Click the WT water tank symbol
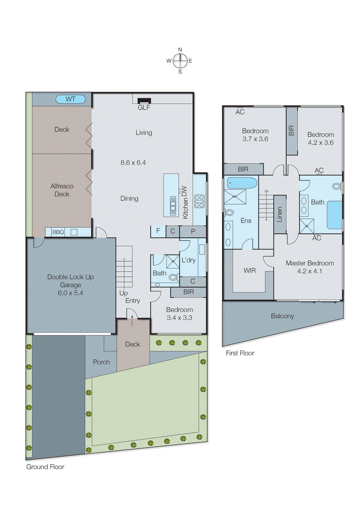tap(71, 99)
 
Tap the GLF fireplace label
tap(144, 108)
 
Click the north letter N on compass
tap(180, 50)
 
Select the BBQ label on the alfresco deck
tap(58, 232)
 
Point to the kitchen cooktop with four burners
tap(200, 201)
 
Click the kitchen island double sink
tap(173, 206)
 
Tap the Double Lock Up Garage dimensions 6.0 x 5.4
tap(70, 293)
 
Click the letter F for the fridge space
tap(158, 231)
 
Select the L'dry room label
tap(188, 260)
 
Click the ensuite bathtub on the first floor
tap(242, 183)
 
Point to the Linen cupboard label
tap(280, 214)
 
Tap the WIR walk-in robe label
tap(249, 271)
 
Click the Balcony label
tap(282, 316)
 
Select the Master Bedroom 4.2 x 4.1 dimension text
tap(309, 271)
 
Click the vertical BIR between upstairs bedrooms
tap(291, 130)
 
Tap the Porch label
tap(101, 362)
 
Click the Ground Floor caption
tap(45, 467)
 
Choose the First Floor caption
tap(240, 353)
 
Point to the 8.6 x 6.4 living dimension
tap(133, 163)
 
